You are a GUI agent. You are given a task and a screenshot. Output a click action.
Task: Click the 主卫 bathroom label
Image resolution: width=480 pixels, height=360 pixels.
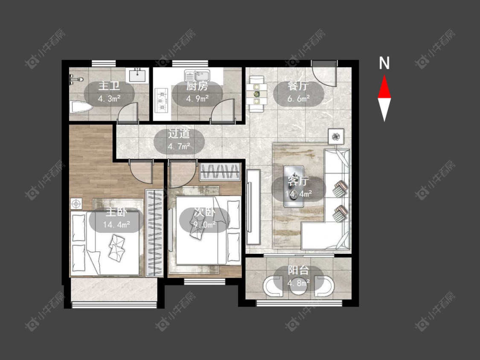click(x=109, y=86)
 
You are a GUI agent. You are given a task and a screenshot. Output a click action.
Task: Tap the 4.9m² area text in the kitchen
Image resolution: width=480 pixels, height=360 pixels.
click(x=198, y=99)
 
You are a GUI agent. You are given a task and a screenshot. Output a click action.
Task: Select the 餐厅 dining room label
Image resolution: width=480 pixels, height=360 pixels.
click(x=298, y=86)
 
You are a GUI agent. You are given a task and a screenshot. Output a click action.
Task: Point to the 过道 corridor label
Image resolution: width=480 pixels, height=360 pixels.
click(x=179, y=134)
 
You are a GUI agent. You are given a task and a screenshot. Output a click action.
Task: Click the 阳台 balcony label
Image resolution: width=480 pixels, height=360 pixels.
click(x=298, y=270)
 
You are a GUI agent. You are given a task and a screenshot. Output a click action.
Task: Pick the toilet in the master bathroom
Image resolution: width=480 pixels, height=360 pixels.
click(x=81, y=107)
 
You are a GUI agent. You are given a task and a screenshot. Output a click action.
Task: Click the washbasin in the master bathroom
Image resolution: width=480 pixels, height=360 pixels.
click(x=137, y=75)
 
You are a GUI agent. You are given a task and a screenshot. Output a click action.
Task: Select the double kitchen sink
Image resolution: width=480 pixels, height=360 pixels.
click(x=197, y=75)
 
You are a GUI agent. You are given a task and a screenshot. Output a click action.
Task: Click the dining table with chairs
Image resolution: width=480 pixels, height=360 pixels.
click(x=256, y=94)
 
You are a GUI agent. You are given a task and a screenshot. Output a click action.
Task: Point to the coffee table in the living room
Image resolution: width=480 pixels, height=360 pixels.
click(x=294, y=186)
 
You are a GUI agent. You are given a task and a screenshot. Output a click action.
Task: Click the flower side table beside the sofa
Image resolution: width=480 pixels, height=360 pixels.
click(x=336, y=136)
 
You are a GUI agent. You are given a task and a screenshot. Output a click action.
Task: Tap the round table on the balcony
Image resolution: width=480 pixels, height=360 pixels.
click(x=299, y=286)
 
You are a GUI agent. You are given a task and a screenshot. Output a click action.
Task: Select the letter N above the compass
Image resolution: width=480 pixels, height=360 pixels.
click(x=384, y=63)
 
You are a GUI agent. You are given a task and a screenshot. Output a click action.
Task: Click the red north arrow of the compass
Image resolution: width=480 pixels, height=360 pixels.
click(x=384, y=87)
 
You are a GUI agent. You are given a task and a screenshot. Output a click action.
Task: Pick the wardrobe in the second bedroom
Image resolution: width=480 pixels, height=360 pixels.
click(x=220, y=172)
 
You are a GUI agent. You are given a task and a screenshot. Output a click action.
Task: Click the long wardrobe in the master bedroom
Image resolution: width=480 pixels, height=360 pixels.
click(x=154, y=233)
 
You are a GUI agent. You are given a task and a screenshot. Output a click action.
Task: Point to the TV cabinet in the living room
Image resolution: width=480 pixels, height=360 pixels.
click(x=253, y=207)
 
